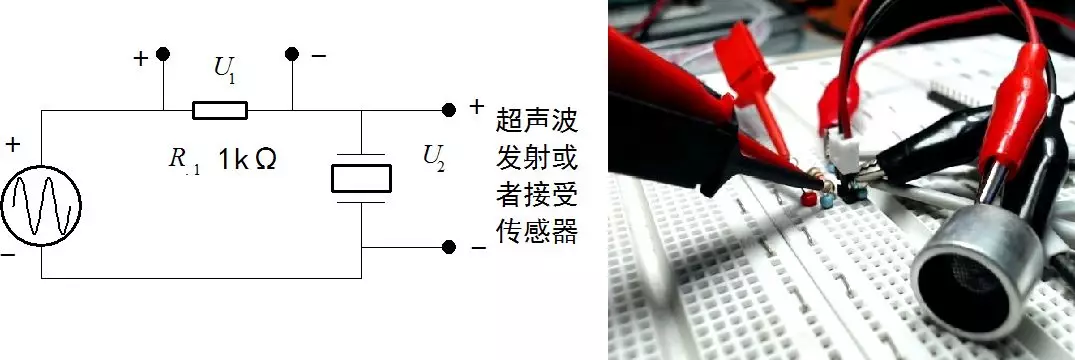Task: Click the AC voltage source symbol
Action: click(41, 207)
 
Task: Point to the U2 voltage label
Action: click(435, 156)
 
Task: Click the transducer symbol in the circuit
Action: click(361, 178)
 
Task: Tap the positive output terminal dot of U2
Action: click(449, 108)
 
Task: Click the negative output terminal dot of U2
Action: click(449, 246)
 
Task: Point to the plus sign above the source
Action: click(12, 146)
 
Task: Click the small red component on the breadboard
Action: click(806, 200)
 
